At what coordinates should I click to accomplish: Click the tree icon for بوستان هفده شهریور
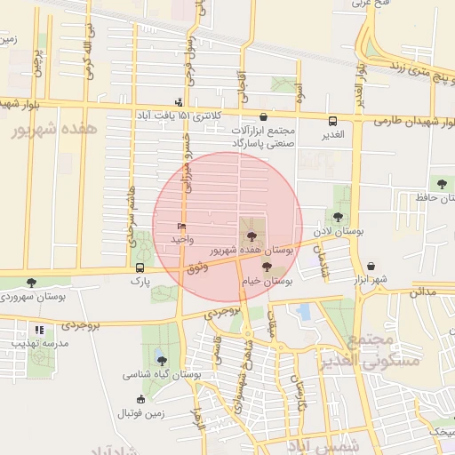click(252, 236)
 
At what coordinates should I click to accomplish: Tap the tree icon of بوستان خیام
click(267, 266)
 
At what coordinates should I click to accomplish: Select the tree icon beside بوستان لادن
click(337, 216)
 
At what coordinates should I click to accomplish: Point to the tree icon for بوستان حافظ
click(442, 184)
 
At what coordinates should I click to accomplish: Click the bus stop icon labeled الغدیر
click(333, 121)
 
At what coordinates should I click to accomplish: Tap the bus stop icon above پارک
click(140, 267)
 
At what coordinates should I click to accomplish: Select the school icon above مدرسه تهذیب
click(37, 329)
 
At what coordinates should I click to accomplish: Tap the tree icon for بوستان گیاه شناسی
click(162, 360)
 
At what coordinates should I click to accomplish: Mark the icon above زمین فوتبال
click(140, 399)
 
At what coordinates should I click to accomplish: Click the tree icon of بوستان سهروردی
click(31, 283)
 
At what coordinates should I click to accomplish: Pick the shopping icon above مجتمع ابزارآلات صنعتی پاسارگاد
click(263, 116)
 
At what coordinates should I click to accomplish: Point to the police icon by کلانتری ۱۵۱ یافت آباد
click(179, 102)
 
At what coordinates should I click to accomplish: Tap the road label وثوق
click(197, 267)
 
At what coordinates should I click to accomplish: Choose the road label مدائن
click(423, 291)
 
